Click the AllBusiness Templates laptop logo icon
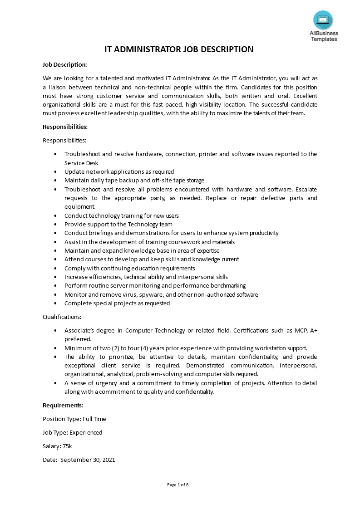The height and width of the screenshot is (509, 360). pyautogui.click(x=323, y=20)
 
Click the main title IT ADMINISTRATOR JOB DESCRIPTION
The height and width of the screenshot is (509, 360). pyautogui.click(x=179, y=49)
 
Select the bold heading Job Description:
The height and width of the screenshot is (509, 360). pyautogui.click(x=64, y=64)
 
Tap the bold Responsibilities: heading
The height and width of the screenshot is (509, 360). pyautogui.click(x=65, y=127)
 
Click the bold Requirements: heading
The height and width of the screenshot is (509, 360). pyautogui.click(x=63, y=405)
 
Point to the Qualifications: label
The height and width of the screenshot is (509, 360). pyautogui.click(x=62, y=317)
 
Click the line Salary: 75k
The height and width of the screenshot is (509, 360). pyautogui.click(x=57, y=446)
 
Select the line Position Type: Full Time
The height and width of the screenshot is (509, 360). pyautogui.click(x=74, y=419)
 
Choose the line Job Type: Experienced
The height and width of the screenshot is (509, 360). pyautogui.click(x=72, y=432)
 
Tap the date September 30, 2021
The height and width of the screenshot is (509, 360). pyautogui.click(x=88, y=460)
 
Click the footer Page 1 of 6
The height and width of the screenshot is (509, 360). pyautogui.click(x=178, y=485)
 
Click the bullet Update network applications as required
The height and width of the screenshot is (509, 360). pyautogui.click(x=119, y=171)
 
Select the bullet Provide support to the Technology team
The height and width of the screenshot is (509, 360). pyautogui.click(x=118, y=224)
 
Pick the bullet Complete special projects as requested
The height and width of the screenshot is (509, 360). pyautogui.click(x=117, y=303)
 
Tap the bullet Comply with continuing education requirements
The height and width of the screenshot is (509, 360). pyautogui.click(x=129, y=268)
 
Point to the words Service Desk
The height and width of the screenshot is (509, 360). pyautogui.click(x=81, y=163)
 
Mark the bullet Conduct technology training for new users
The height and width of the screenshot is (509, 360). pyautogui.click(x=121, y=215)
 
